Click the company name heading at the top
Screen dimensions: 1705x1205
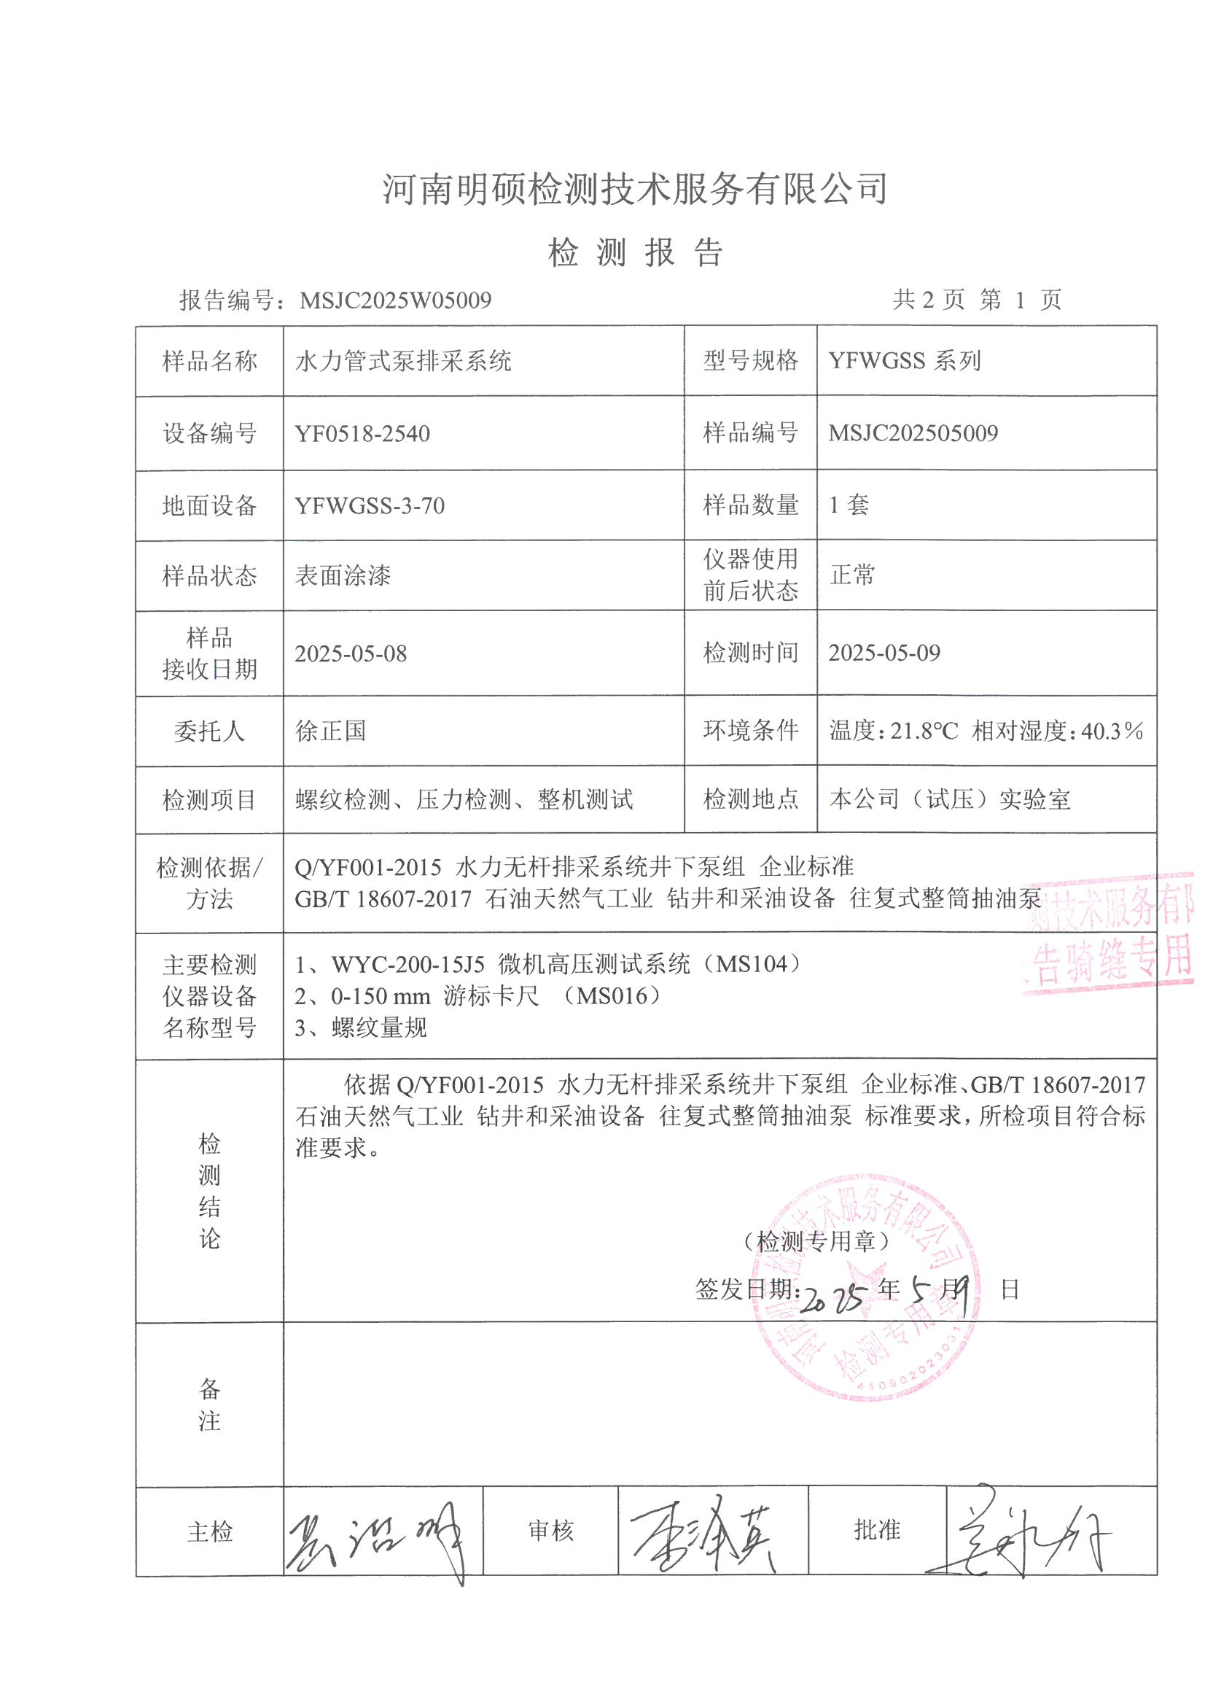click(x=635, y=189)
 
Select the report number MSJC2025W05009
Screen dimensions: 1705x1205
click(x=395, y=300)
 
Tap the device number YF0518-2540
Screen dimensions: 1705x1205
click(x=362, y=434)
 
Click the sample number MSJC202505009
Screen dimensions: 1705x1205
click(x=913, y=433)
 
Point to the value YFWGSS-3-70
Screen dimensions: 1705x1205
click(x=370, y=505)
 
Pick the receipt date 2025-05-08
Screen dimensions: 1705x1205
click(x=351, y=653)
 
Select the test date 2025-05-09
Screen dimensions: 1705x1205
click(x=884, y=653)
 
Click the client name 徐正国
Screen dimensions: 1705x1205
click(x=330, y=731)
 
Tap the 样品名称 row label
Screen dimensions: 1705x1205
click(x=209, y=362)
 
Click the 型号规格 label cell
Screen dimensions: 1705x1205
click(x=751, y=361)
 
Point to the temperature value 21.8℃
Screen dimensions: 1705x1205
click(x=924, y=731)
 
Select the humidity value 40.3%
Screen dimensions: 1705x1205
click(x=1112, y=731)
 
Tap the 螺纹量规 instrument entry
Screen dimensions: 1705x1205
click(x=378, y=1028)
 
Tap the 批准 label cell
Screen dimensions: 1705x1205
click(x=877, y=1530)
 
